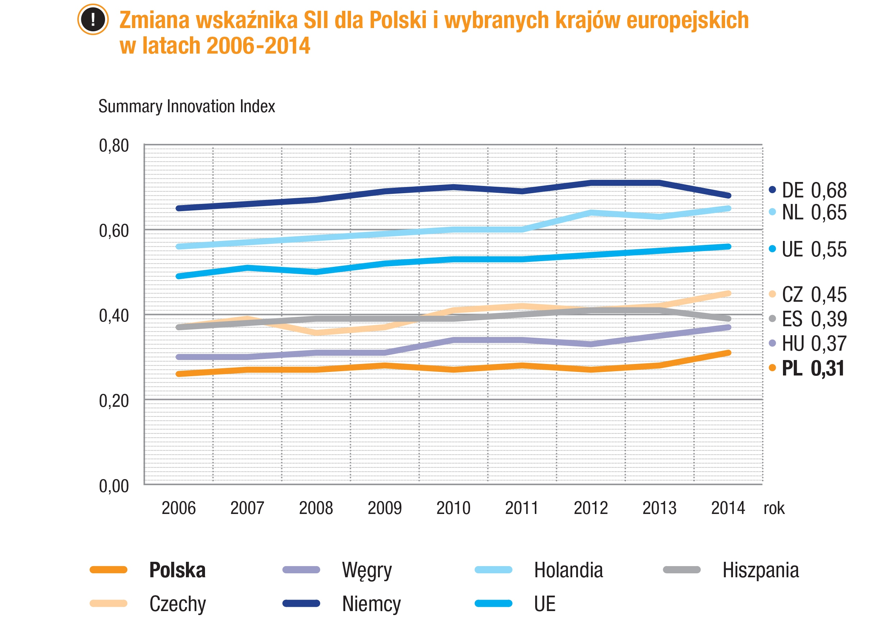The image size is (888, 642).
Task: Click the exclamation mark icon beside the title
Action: coord(93,19)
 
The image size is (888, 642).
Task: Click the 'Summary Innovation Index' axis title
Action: coord(186,106)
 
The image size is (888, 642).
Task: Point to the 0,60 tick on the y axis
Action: coord(114,231)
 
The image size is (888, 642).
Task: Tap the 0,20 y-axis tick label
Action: coord(114,401)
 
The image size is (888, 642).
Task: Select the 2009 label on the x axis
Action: coord(384,508)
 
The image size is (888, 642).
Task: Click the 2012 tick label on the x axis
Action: coord(591,508)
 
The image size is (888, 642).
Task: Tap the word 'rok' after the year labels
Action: coord(774,508)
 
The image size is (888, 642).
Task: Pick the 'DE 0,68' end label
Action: coord(814,191)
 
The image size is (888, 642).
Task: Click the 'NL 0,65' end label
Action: coord(814,213)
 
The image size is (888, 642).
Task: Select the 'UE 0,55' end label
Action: coord(814,249)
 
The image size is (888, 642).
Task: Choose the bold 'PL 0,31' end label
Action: coord(812,368)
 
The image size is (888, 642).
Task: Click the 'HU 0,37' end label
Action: coord(814,343)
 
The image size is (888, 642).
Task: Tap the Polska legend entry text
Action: coord(177,570)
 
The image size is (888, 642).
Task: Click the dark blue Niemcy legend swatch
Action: coord(301,603)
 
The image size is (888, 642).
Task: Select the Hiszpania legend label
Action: coord(760,570)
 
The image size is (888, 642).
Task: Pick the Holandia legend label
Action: coord(568,570)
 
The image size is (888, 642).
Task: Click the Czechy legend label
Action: coord(177,604)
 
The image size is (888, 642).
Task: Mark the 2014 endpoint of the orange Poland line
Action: coord(728,353)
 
